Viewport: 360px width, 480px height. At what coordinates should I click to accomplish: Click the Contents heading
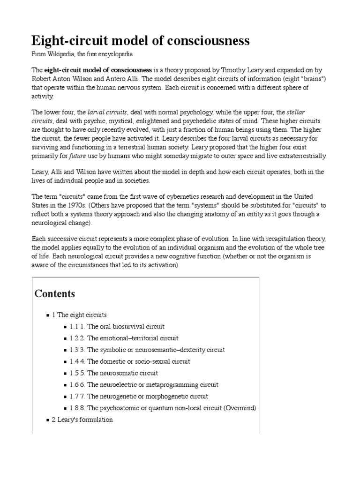[54, 294]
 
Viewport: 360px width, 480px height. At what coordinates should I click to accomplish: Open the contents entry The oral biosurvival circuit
[126, 326]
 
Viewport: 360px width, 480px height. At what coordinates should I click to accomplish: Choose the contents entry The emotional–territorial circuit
[133, 338]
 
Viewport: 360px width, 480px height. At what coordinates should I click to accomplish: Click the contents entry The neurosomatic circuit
[122, 373]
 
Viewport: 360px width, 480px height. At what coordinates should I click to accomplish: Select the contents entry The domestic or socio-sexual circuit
[138, 361]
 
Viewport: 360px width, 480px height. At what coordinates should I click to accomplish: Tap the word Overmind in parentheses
[240, 408]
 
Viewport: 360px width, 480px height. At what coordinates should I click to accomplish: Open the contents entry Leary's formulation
[85, 420]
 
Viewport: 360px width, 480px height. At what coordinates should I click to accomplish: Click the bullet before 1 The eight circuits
[48, 315]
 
